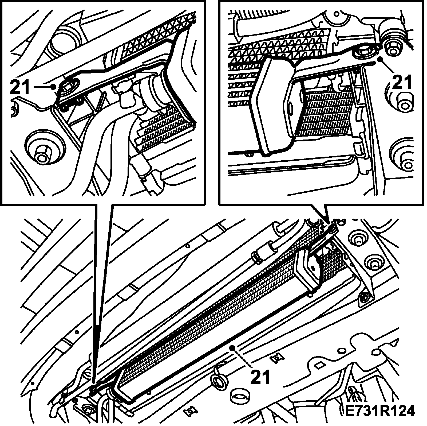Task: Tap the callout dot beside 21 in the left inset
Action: (x=54, y=86)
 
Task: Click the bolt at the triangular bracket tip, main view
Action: (x=363, y=297)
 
